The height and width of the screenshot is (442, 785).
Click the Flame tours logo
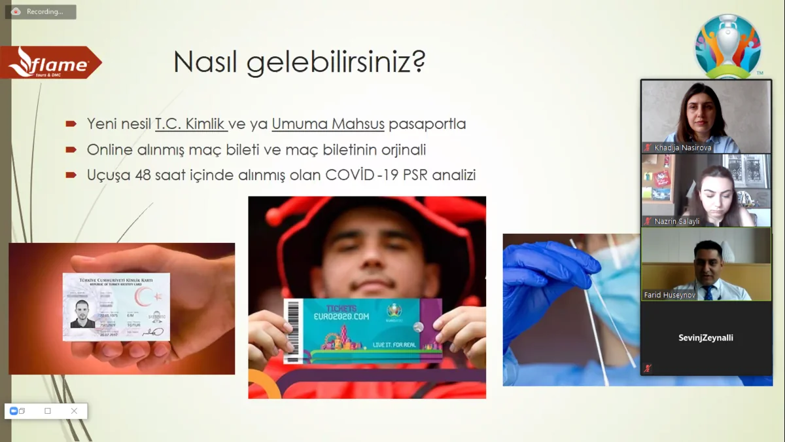coord(52,63)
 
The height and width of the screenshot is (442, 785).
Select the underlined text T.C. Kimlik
coord(190,124)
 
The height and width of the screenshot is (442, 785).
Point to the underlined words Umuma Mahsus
coord(328,124)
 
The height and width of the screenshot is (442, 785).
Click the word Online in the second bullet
coord(110,150)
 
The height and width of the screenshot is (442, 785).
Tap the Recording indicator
coord(41,12)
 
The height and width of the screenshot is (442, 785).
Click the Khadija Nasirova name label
coord(682,148)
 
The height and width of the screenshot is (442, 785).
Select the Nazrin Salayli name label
coord(676,221)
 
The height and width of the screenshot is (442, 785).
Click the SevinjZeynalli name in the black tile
coord(706,338)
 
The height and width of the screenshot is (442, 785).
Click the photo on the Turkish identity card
coord(83,314)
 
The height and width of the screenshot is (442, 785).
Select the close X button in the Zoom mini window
coord(74,411)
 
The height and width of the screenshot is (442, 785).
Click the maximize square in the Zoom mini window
coord(48,411)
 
